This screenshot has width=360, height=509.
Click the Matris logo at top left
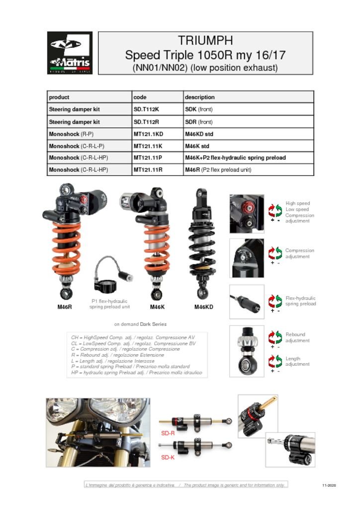[70, 53]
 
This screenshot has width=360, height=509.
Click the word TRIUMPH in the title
[205, 41]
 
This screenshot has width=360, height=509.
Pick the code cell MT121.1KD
[148, 134]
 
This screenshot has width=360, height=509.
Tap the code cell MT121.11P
[148, 158]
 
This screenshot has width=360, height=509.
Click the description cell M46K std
[197, 146]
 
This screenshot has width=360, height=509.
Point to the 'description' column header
[200, 97]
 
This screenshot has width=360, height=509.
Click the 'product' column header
[59, 97]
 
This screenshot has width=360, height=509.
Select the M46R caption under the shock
[65, 307]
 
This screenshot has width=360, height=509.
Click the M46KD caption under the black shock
[203, 307]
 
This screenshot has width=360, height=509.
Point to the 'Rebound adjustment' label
[297, 338]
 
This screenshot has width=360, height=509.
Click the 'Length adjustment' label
[297, 361]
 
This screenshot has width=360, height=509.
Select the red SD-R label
[168, 433]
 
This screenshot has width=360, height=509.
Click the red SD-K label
[168, 457]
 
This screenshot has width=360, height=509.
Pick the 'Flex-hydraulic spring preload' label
[300, 301]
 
